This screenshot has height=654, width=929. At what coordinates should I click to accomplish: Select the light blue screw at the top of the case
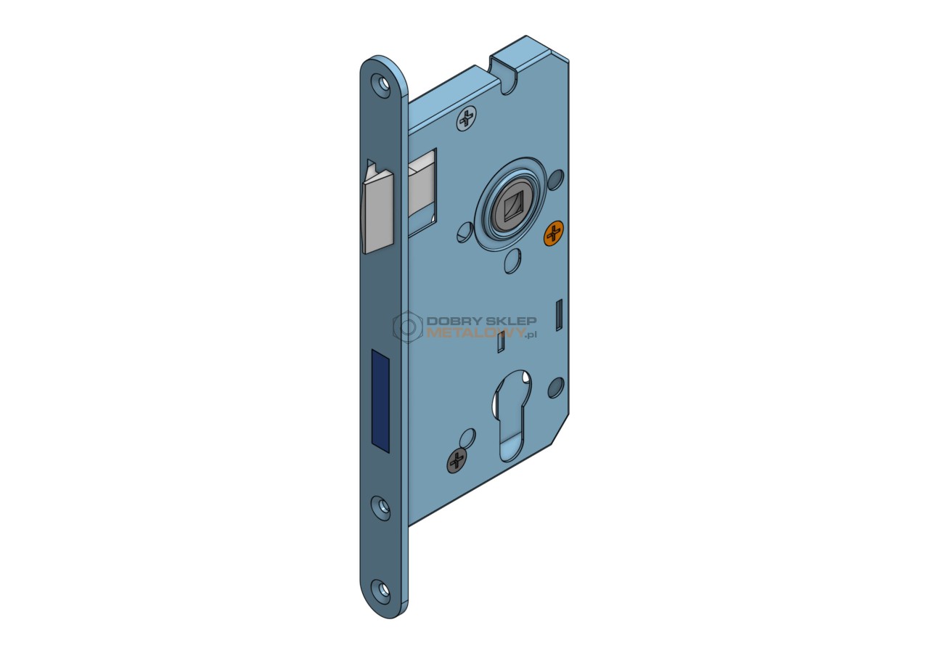coord(467,118)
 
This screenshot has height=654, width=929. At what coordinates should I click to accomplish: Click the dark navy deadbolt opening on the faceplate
coord(381,401)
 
